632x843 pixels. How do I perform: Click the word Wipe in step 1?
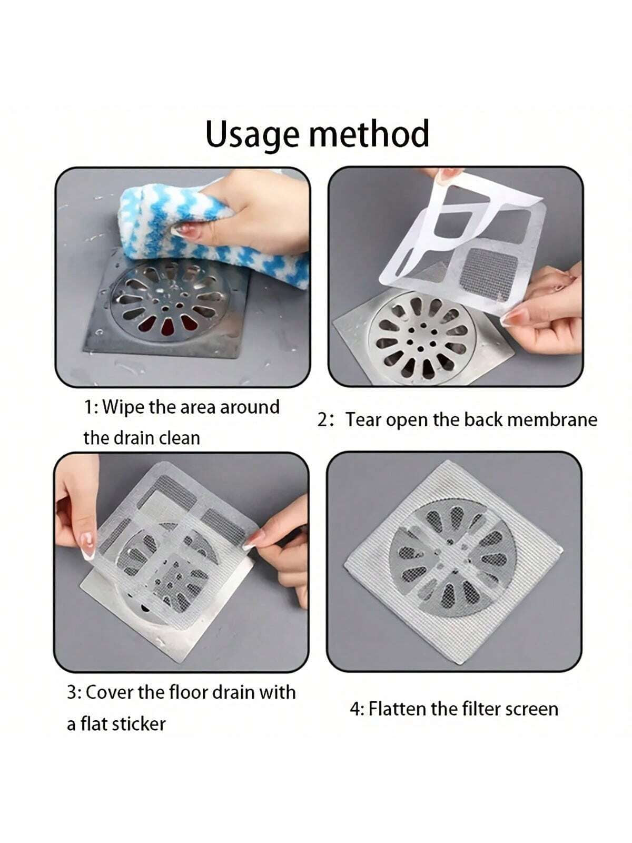point(124,407)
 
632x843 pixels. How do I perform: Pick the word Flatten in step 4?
point(397,709)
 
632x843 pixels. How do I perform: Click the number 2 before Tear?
point(323,420)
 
